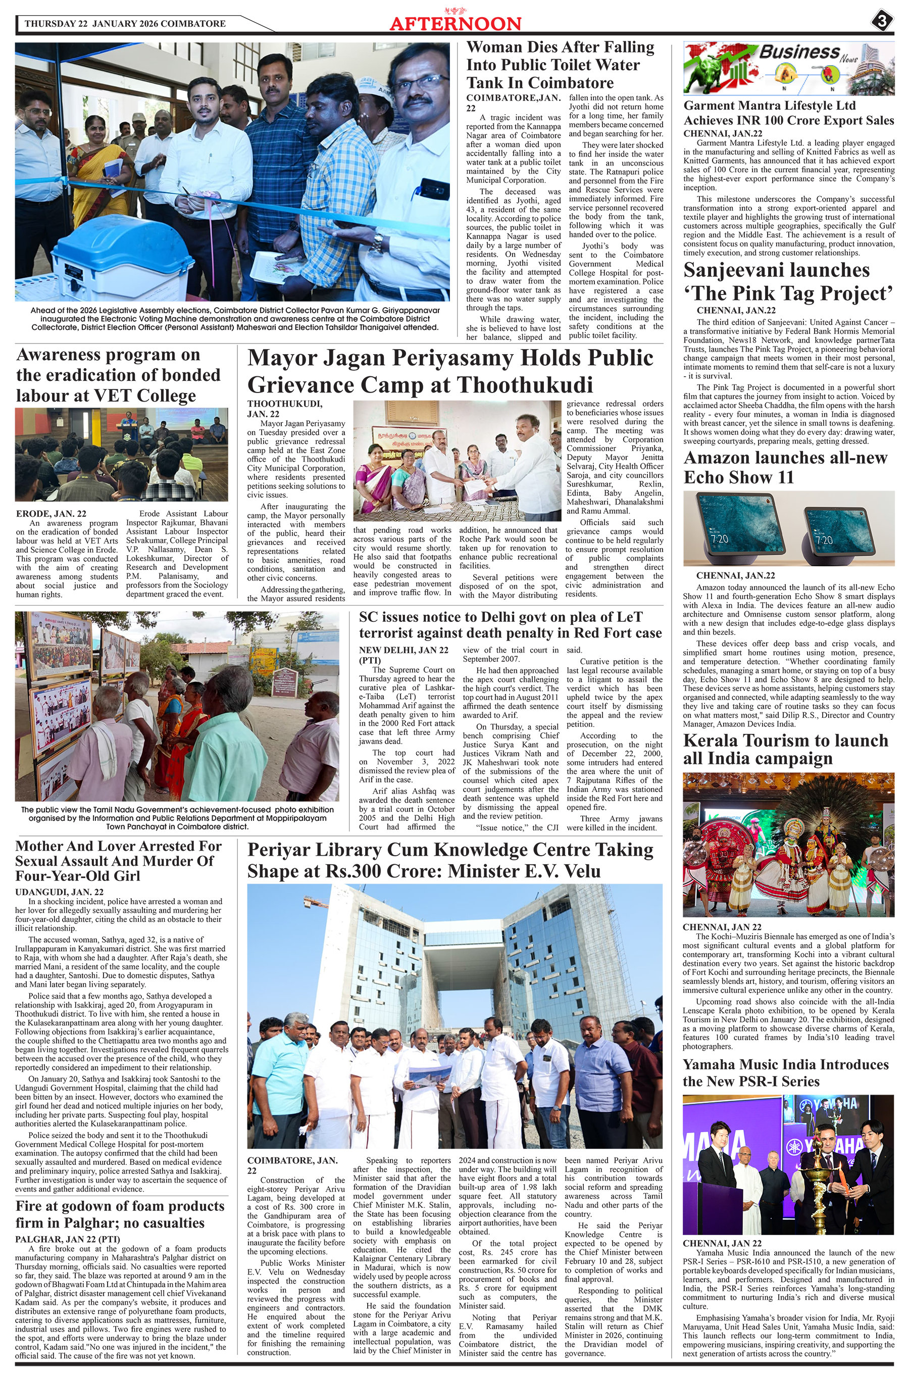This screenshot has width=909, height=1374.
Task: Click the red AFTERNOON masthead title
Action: pos(455,23)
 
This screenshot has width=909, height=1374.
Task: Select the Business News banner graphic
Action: pos(788,68)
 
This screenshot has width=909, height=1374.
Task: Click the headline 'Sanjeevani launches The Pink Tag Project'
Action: pos(788,282)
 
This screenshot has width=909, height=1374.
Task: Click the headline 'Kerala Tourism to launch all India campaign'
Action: pos(785,749)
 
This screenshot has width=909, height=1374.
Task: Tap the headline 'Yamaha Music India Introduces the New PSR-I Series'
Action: pos(785,1072)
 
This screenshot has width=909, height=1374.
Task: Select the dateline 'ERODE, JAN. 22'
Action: pos(51,514)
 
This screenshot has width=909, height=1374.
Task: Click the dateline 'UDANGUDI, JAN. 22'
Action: pos(59,892)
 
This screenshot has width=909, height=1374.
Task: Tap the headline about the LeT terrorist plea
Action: pos(510,625)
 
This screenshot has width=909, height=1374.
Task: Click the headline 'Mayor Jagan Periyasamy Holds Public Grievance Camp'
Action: pos(450,371)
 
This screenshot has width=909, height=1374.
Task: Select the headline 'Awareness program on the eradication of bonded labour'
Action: pos(119,375)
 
